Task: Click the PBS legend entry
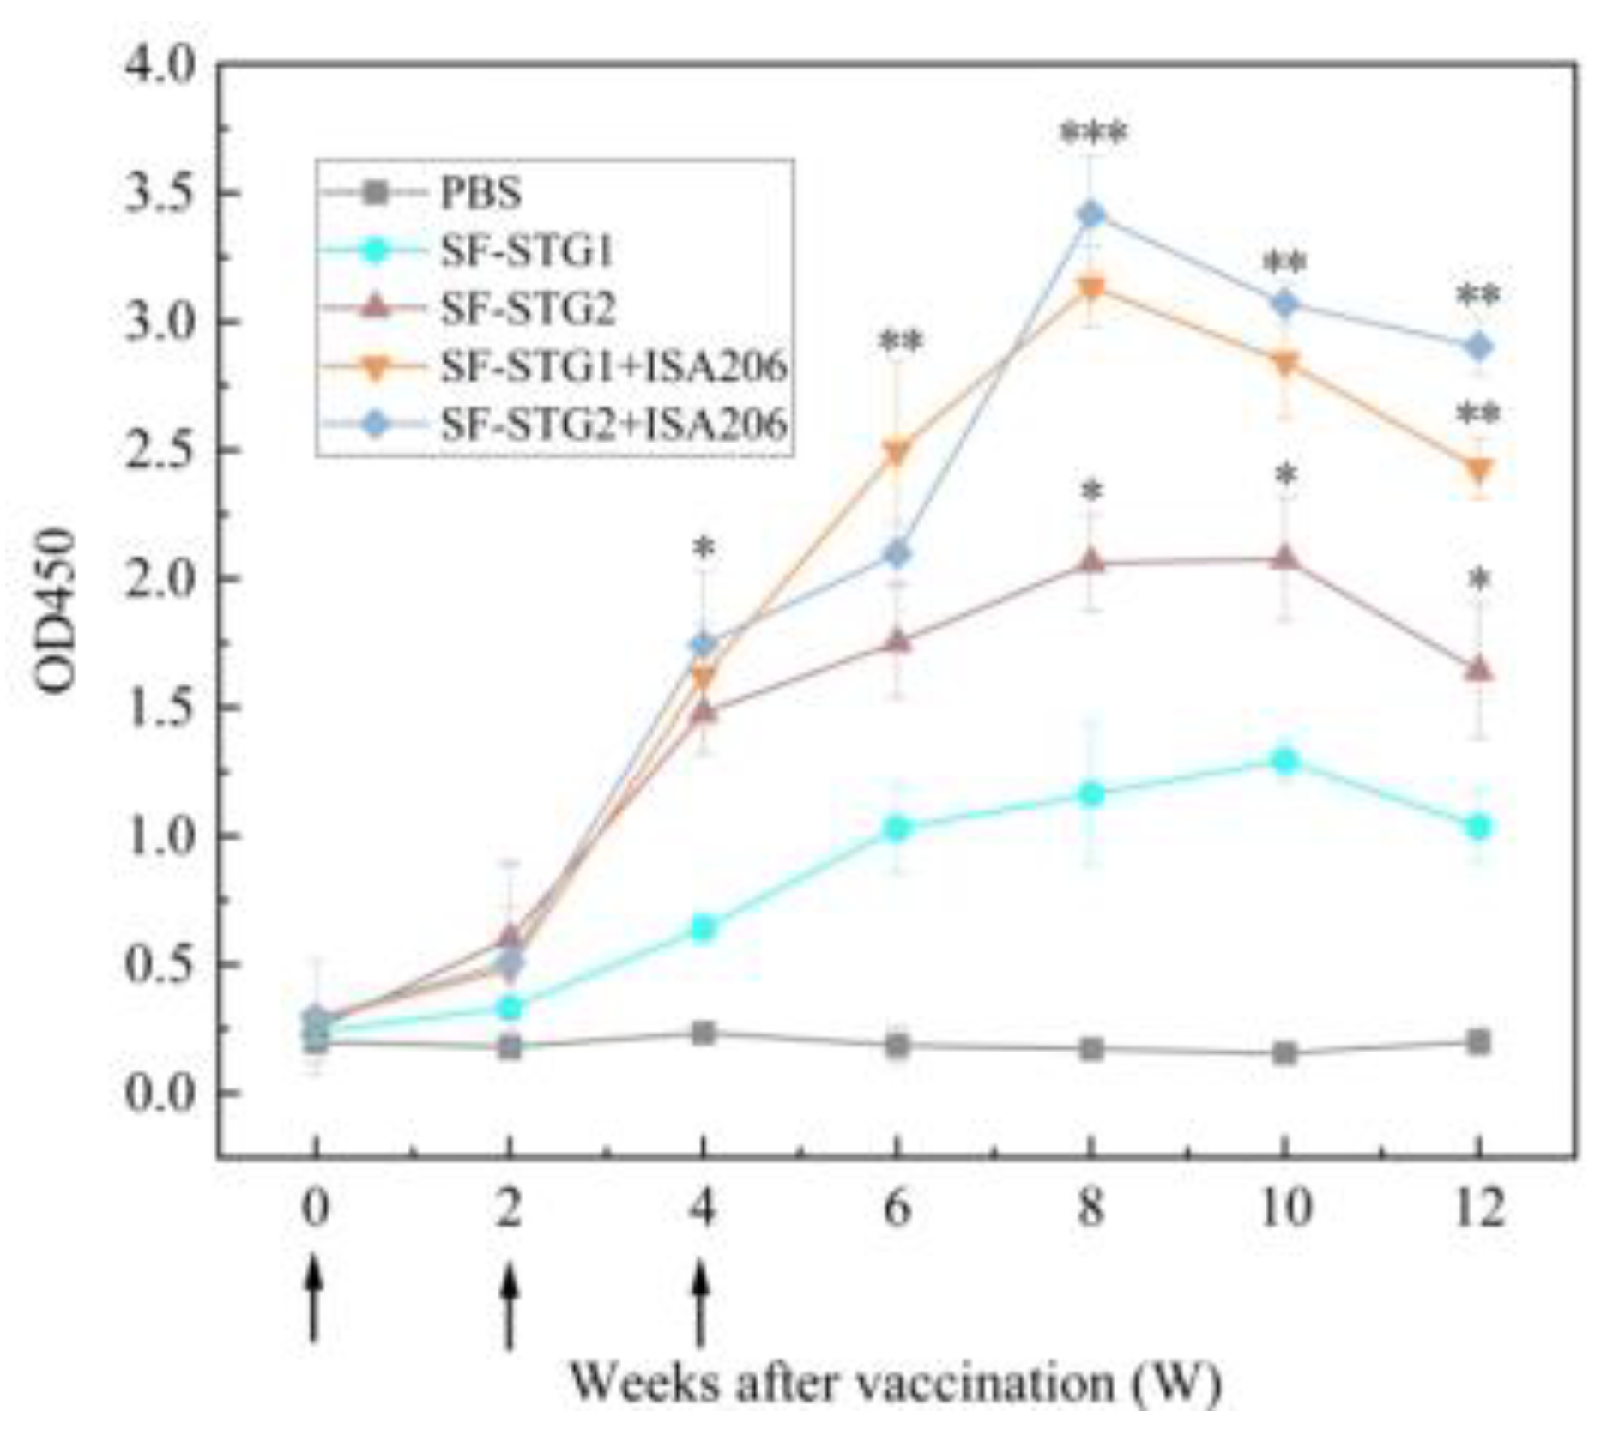tap(480, 193)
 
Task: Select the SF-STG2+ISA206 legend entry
tap(613, 424)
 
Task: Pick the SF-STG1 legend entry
tap(527, 250)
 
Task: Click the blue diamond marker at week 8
tap(1090, 214)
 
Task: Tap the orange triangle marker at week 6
tap(897, 452)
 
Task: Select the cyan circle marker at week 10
tap(1284, 760)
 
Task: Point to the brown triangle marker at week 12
tap(1478, 669)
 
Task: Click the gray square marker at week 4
tap(704, 1033)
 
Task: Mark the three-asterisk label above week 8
tap(1092, 135)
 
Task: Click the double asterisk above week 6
tap(900, 343)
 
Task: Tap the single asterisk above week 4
tap(704, 548)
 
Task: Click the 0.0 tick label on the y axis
tap(160, 1094)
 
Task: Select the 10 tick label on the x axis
tap(1284, 1209)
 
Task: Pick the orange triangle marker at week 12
tap(1478, 469)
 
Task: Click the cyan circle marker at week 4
tap(704, 927)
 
